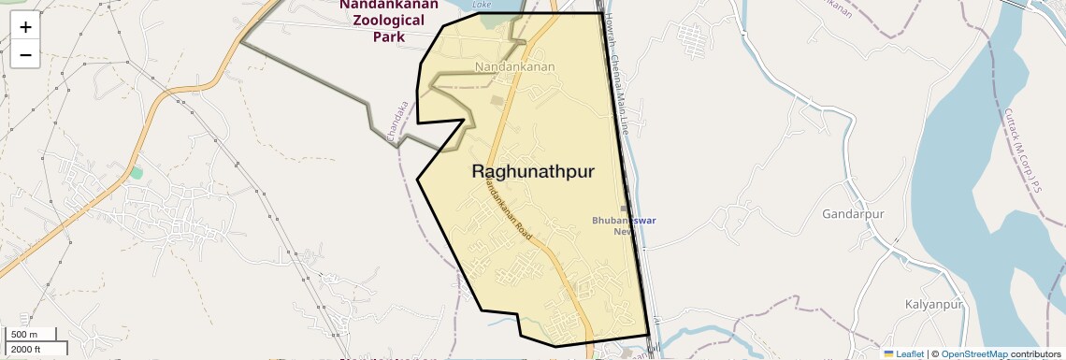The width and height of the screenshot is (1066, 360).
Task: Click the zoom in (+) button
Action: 25,26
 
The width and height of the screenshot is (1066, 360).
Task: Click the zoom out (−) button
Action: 25,55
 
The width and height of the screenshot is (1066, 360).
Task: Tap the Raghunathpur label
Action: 532,172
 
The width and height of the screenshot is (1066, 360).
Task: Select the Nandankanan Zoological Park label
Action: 388,21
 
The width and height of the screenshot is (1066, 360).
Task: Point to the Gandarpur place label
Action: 853,214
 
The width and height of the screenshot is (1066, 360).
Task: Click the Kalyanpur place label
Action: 933,306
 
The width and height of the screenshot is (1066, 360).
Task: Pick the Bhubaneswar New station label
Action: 624,225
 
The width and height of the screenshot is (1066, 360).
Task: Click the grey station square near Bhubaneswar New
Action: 625,209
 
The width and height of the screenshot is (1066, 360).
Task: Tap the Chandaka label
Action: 397,122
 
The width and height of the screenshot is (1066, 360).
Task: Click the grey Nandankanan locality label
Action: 514,66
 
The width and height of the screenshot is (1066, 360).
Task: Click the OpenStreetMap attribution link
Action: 973,353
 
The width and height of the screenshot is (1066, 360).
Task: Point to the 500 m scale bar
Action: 25,335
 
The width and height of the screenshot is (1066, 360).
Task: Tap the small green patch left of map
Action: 137,173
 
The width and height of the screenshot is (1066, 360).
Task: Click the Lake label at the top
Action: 482,5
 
